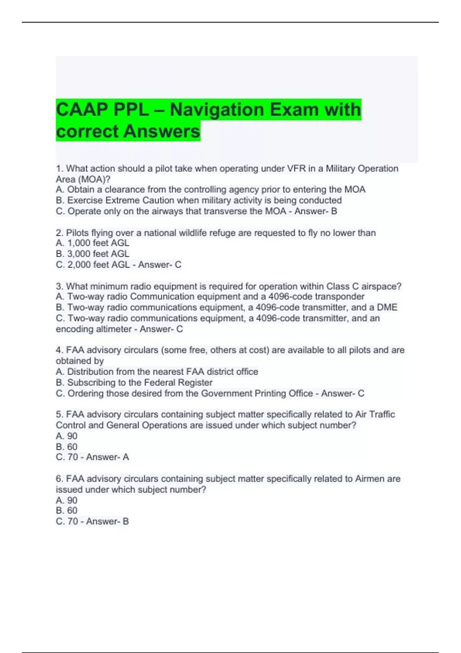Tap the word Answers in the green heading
point(162,131)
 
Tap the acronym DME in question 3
point(387,307)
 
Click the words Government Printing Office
point(257,393)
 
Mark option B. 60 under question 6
point(67,510)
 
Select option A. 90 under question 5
point(67,436)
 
